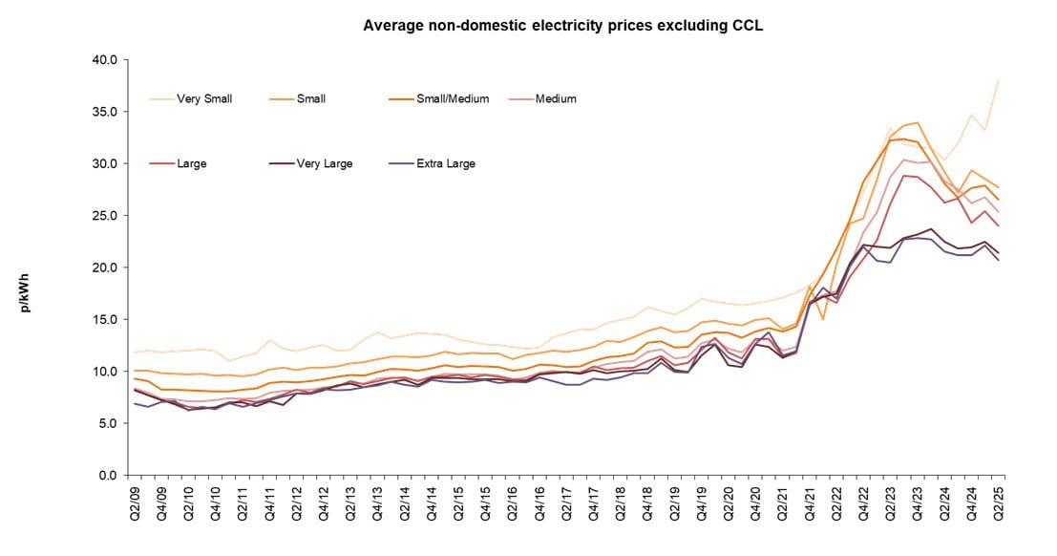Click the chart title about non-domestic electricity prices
[562, 25]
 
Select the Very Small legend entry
[202, 98]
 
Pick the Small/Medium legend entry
[454, 98]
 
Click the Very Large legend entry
[323, 163]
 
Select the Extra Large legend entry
[445, 163]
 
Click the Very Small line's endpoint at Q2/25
[999, 80]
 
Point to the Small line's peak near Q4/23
[918, 122]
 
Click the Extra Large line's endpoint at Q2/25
[999, 260]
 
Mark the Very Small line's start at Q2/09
[133, 353]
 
